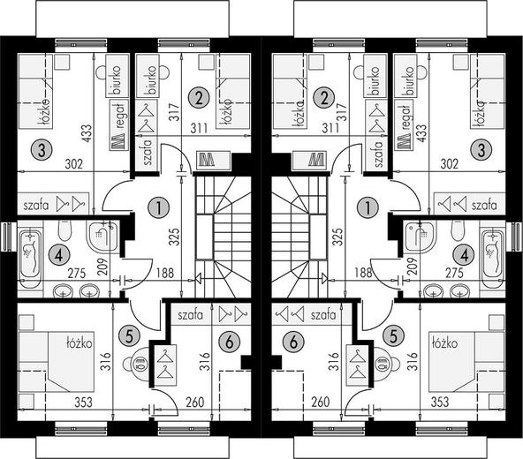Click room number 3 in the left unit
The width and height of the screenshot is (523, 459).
tap(42, 151)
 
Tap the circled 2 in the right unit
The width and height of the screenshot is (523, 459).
tap(323, 98)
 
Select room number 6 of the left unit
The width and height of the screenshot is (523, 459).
tap(229, 342)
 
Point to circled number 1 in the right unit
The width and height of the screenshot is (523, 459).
tap(368, 207)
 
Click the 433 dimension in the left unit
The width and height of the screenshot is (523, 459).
tap(87, 133)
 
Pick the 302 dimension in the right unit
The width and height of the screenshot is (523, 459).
tap(450, 164)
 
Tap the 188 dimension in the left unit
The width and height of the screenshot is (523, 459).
tap(165, 274)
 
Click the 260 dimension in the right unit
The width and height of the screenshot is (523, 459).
tap(320, 402)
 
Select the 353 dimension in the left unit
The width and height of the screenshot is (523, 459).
tap(83, 402)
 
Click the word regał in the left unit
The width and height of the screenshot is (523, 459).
tap(120, 115)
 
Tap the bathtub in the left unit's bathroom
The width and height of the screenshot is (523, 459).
tap(30, 254)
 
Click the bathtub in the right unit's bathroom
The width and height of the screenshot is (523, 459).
tap(493, 254)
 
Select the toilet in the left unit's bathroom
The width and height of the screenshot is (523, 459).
tap(64, 229)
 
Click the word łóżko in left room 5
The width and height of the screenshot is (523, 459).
tap(79, 342)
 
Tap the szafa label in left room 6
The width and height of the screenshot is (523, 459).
tap(190, 315)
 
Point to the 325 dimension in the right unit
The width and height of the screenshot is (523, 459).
tap(337, 237)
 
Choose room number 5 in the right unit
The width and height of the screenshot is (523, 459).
tap(394, 335)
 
